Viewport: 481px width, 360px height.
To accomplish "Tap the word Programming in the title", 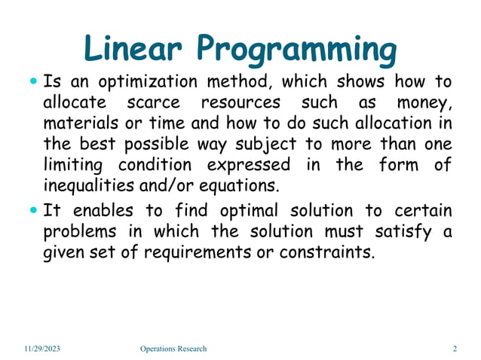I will coord(297,51).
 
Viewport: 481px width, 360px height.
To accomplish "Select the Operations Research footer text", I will coord(173,349).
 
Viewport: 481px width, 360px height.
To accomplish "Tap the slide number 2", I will coord(455,349).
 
